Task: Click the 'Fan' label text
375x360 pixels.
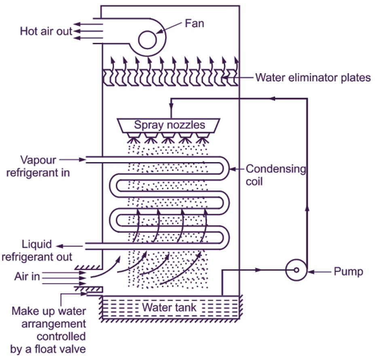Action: click(x=194, y=23)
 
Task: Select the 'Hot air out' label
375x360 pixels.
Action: click(x=46, y=32)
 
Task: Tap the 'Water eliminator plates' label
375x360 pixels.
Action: click(x=313, y=77)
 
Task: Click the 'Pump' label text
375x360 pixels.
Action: click(x=348, y=271)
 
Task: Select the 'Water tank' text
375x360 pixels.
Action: click(x=169, y=307)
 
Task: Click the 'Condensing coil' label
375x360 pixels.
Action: click(x=275, y=175)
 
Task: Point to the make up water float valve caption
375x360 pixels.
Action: click(x=48, y=330)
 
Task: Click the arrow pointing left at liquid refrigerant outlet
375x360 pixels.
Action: click(x=60, y=245)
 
